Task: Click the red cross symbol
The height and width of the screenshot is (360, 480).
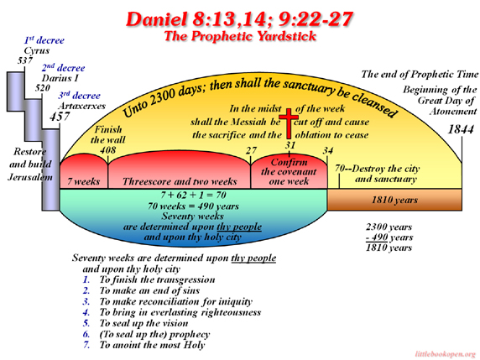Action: pos(289,123)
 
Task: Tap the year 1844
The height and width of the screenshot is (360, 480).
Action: pos(461,129)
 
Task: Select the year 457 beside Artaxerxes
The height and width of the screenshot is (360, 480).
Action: pos(60,117)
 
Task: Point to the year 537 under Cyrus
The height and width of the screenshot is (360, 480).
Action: pos(25,60)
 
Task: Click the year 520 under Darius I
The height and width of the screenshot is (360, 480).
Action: pos(42,88)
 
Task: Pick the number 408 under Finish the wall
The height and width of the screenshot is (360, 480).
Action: pos(107,150)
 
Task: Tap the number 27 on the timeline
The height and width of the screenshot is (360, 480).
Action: pos(251,150)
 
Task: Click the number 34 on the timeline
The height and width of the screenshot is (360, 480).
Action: pos(328,150)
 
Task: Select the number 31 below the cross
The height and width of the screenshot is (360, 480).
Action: pos(290,145)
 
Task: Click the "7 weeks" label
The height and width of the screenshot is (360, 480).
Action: pos(83,181)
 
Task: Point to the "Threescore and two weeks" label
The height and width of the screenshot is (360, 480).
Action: pos(180,181)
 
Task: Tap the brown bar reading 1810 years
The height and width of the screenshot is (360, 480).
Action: pos(394,200)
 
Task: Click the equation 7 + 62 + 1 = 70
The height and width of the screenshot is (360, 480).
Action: pos(194,195)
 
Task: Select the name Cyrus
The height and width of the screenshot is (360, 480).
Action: pos(37,50)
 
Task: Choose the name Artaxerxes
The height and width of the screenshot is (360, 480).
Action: pos(81,106)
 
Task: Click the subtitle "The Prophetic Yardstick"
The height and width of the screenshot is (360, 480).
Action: pos(240,36)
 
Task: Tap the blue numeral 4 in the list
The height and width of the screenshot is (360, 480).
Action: pos(86,312)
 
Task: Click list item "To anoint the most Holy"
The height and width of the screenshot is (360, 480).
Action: pos(152,345)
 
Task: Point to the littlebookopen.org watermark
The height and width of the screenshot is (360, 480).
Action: pos(446,354)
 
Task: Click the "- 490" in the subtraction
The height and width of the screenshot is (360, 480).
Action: pos(377,237)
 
